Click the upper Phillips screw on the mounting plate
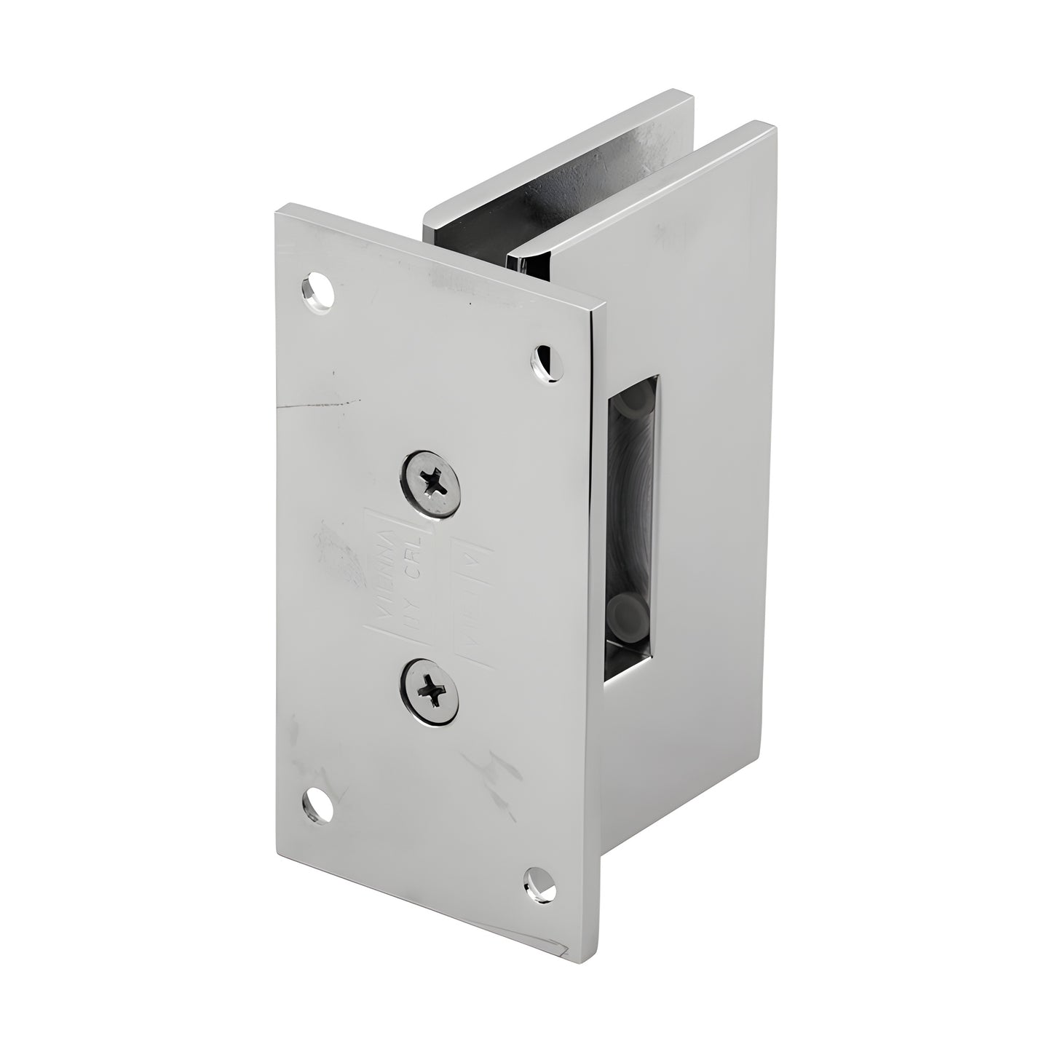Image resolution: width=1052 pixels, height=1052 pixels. click(x=430, y=482)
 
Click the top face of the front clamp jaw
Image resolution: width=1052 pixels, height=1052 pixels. click(x=641, y=189)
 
